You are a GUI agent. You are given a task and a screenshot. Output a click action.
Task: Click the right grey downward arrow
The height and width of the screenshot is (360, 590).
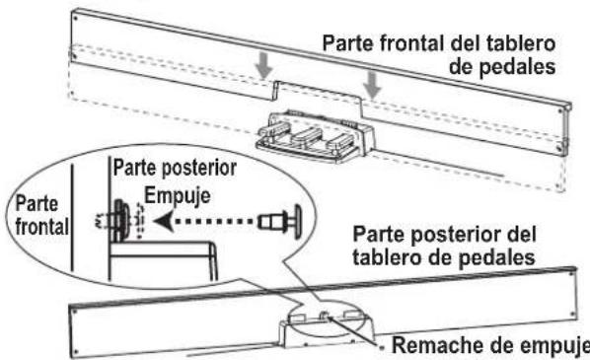pyautogui.click(x=373, y=87)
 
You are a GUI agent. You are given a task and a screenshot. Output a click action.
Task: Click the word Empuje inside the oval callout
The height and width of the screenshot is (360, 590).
pyautogui.click(x=175, y=194)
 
